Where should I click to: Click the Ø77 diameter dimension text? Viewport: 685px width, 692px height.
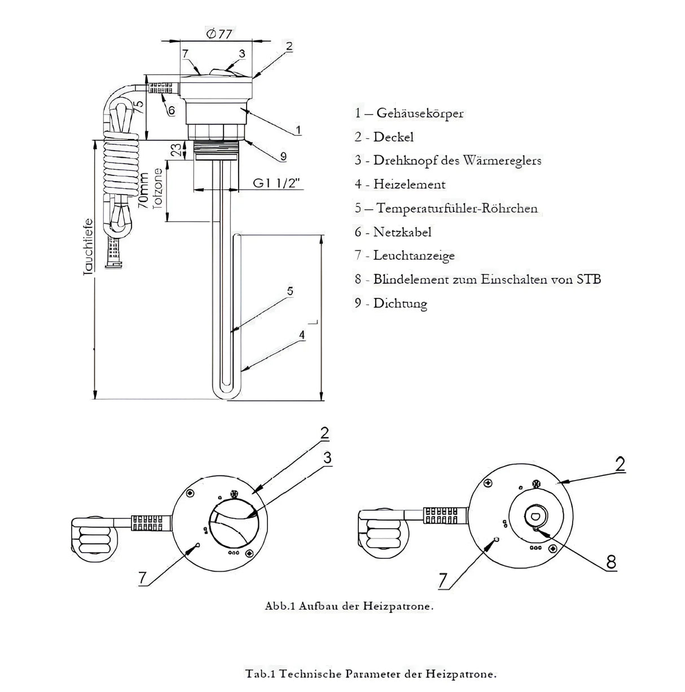tap(219, 34)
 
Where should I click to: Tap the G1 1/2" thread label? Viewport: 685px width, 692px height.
tap(276, 183)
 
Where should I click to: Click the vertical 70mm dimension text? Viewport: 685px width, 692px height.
tap(144, 192)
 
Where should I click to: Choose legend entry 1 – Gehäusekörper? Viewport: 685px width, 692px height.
tap(409, 113)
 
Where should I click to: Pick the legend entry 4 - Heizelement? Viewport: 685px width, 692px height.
tap(400, 184)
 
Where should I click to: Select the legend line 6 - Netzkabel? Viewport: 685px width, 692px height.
tap(393, 232)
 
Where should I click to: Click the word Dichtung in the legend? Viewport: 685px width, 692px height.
tap(400, 303)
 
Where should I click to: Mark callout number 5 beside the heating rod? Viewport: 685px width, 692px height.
tap(289, 291)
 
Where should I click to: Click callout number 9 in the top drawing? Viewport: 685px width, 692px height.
tap(283, 156)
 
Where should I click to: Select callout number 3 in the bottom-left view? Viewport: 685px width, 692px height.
tap(327, 458)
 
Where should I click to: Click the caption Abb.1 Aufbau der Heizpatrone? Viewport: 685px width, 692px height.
tap(349, 607)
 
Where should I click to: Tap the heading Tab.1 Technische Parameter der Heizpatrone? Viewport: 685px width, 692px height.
tap(371, 673)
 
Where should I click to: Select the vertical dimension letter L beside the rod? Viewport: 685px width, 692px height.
tap(317, 322)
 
